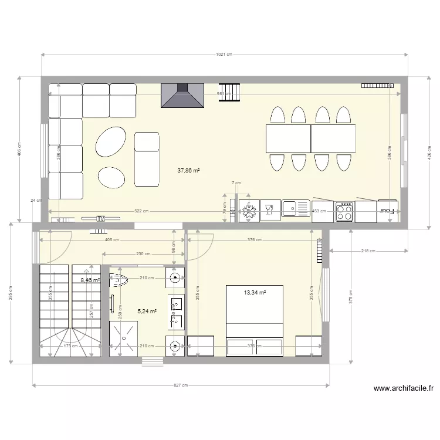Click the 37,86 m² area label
coord(188,171)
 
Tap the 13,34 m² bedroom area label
coord(255,292)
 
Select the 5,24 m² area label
coord(147,312)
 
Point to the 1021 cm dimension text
coord(224,55)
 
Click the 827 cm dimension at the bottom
coord(181,385)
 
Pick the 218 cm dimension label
coord(368,251)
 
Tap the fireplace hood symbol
coord(182,95)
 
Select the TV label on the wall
coord(100,218)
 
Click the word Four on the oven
coord(386,210)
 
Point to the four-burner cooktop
coord(344,211)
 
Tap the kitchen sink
coord(296,208)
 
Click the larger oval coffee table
coord(111,142)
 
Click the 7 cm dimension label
coord(236,182)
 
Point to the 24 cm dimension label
coord(36,200)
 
